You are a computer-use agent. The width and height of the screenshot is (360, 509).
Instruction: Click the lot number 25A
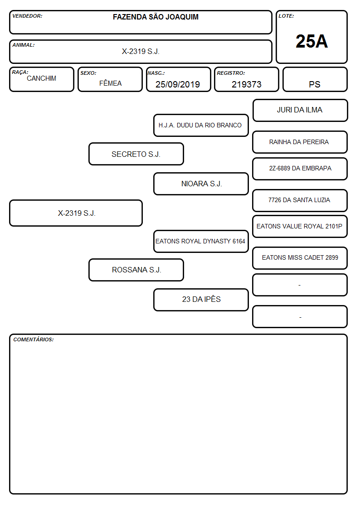[x=311, y=42]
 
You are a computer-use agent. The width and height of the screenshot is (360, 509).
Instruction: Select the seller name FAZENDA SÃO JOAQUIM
[x=156, y=17]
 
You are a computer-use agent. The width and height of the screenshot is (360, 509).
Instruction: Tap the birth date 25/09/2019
[x=178, y=84]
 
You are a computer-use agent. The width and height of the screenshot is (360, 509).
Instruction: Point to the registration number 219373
[x=246, y=84]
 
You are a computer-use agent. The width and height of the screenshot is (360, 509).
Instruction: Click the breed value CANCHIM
[x=41, y=78]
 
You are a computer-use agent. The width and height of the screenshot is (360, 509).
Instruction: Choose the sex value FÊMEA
[x=110, y=83]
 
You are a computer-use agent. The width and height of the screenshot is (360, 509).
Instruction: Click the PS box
[x=315, y=79]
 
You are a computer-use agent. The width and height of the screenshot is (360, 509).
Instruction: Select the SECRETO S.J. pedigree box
[x=136, y=154]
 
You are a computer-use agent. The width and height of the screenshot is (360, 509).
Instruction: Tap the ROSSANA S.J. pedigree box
[x=136, y=270]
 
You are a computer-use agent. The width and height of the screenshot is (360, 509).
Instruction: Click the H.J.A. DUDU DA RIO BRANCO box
[x=201, y=125]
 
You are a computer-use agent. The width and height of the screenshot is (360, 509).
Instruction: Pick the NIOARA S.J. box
[x=201, y=184]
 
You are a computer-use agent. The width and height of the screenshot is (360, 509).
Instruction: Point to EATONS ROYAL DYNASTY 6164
[x=200, y=241]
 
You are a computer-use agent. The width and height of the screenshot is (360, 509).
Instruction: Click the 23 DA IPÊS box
[x=201, y=300]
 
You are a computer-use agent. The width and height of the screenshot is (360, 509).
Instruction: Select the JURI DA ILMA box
[x=300, y=111]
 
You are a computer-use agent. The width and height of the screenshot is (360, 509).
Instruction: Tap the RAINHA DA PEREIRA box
[x=300, y=142]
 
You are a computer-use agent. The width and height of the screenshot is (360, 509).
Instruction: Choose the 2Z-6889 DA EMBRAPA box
[x=300, y=169]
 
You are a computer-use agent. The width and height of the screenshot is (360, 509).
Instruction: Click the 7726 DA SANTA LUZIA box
[x=300, y=200]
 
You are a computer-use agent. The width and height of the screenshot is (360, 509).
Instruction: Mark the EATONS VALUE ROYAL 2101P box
[x=300, y=227]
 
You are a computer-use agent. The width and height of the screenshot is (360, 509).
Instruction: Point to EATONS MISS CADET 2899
[x=300, y=257]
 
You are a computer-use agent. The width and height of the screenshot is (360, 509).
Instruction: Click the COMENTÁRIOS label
[x=34, y=339]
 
